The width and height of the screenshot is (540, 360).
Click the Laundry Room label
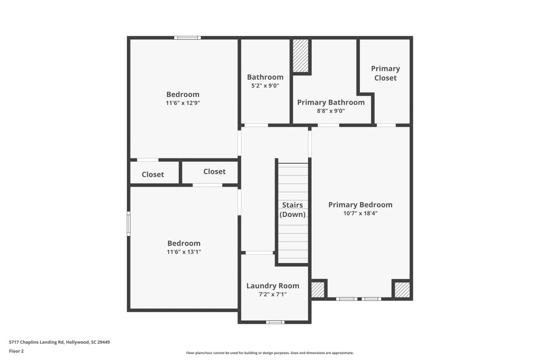[273, 286]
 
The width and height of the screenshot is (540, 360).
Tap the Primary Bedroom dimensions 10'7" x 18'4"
[360, 214]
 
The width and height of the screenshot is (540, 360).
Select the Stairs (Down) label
[292, 210]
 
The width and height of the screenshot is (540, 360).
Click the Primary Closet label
[385, 73]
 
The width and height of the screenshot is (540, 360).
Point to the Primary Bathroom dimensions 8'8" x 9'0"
[330, 111]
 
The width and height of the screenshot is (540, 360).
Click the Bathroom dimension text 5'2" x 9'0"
[265, 86]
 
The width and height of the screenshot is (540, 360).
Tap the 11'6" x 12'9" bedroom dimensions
[183, 103]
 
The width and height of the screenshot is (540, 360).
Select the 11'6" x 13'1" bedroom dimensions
[184, 252]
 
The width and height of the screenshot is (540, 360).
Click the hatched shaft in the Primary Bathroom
[301, 56]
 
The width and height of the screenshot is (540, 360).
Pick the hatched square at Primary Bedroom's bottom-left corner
[318, 290]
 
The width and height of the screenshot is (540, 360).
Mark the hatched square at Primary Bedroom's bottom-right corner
[402, 290]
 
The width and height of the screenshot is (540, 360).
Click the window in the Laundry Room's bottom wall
[275, 322]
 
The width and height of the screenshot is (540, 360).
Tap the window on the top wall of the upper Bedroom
[187, 38]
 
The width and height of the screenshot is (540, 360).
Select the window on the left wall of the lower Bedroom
[129, 224]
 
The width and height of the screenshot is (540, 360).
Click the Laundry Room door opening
[259, 252]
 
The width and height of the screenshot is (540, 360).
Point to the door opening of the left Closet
[148, 160]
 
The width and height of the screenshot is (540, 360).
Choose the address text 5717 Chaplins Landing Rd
[59, 342]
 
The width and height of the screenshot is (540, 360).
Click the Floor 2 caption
[16, 351]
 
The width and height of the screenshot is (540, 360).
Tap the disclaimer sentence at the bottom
[270, 353]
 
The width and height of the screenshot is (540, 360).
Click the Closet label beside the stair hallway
[214, 171]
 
